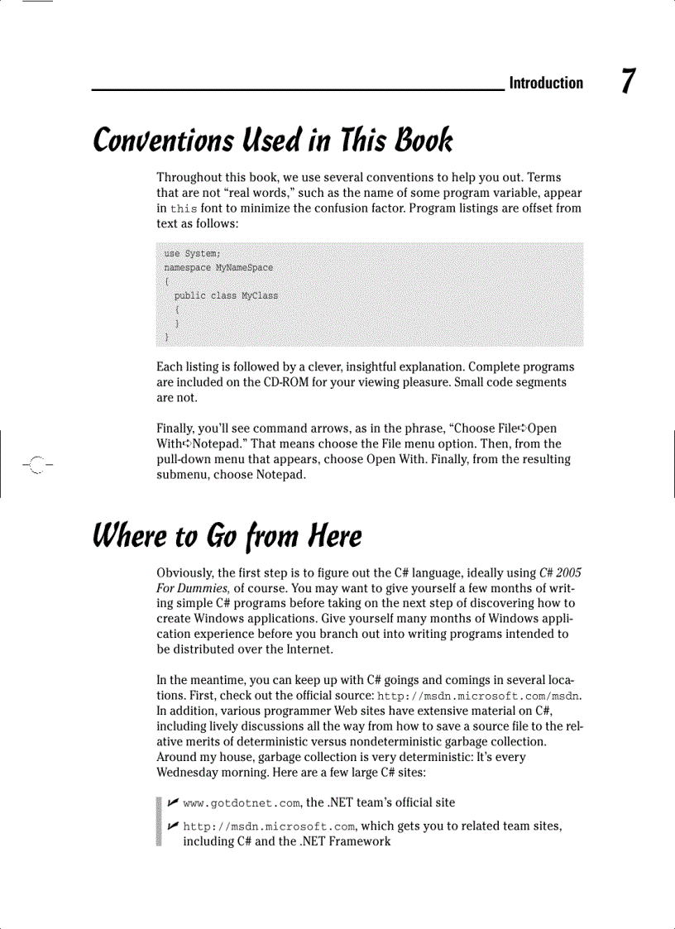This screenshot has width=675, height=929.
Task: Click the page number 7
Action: (629, 82)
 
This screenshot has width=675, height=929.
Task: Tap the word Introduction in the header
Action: (546, 83)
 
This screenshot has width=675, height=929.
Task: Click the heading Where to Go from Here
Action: (227, 538)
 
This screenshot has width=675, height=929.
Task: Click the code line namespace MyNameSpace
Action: (218, 268)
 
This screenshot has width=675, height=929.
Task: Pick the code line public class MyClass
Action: (226, 295)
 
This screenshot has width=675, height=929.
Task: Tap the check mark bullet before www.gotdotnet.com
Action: (172, 802)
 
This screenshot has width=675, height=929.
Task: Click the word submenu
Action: (184, 474)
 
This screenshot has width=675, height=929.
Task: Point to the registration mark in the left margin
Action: (32, 463)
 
